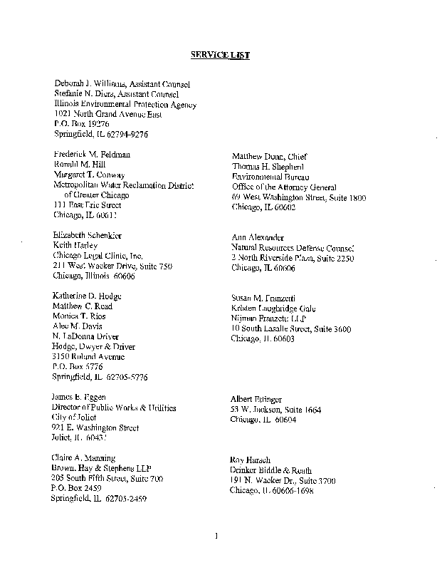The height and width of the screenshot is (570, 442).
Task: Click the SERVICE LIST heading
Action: (x=219, y=55)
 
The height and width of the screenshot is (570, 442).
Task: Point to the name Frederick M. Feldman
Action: (x=92, y=154)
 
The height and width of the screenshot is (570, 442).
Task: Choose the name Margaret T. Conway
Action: (x=89, y=174)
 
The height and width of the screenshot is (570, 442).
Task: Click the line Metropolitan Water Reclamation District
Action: (x=124, y=185)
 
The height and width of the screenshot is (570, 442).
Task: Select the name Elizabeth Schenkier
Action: (x=88, y=235)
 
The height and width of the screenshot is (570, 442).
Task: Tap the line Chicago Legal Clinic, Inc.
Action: (x=98, y=255)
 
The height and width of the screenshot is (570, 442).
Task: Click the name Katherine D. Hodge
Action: (x=88, y=296)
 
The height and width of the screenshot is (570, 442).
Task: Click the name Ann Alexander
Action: (x=258, y=237)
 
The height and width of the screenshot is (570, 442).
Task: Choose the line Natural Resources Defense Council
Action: (x=293, y=247)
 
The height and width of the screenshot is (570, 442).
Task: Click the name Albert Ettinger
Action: (x=256, y=399)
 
